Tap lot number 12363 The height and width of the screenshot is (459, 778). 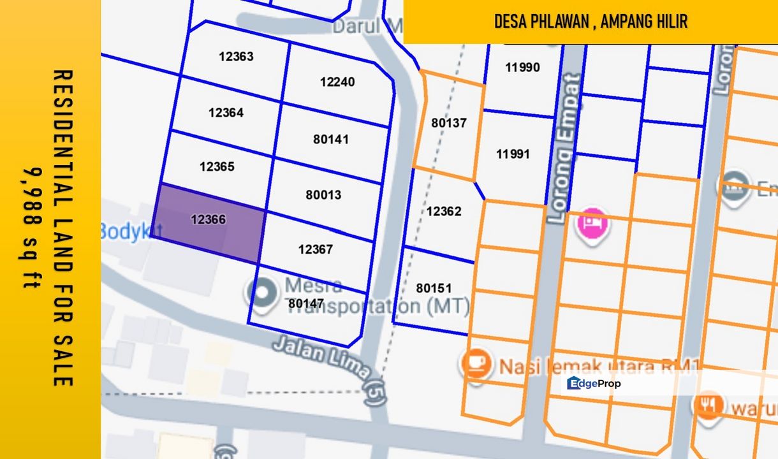pos(236,56)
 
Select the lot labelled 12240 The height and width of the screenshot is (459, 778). pos(337,82)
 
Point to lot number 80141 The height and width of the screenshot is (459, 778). pos(331,139)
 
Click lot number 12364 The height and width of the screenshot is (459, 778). pos(226,113)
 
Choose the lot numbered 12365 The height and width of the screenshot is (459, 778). pos(217,167)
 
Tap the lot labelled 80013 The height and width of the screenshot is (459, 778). pos(323,195)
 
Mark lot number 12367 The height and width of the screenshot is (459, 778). pos(316,249)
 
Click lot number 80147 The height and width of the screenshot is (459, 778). pos(306,304)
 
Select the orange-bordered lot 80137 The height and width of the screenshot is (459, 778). pos(449,123)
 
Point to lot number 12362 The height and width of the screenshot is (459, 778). pos(444,211)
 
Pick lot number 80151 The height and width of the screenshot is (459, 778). pos(434,288)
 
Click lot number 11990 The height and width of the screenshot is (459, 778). pos(522,67)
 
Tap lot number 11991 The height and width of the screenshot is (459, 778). pos(513,154)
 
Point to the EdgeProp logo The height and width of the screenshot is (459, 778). pos(594,383)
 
